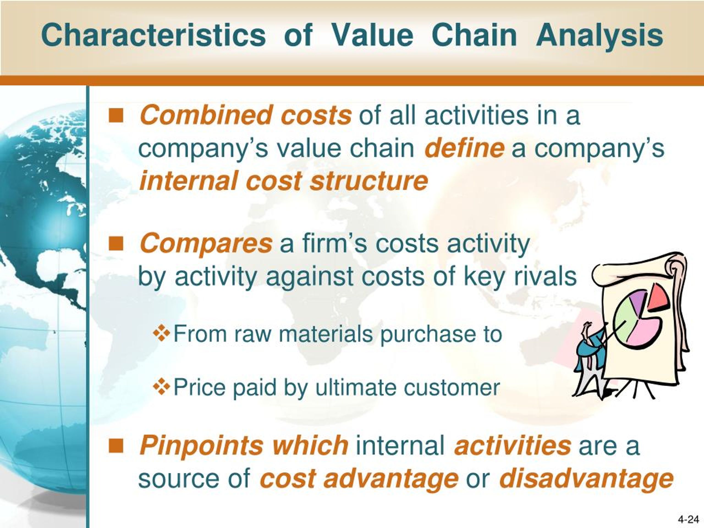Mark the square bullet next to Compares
[x=116, y=243]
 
